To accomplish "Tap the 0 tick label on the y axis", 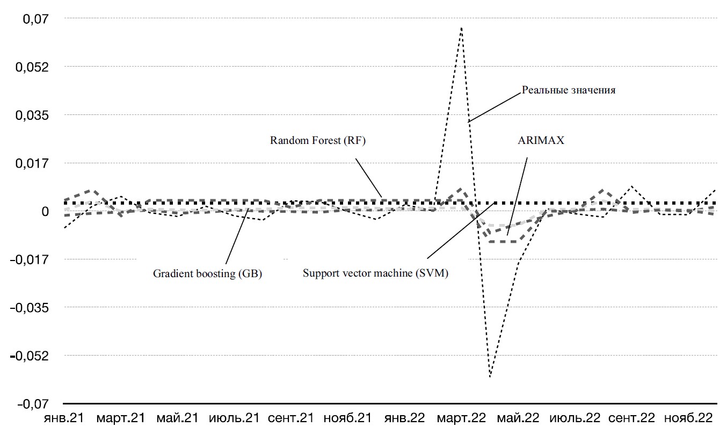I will point(46,211).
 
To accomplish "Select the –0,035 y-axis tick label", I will point(32,308).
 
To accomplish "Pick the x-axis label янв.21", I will point(63,418).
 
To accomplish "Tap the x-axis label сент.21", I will point(290,418).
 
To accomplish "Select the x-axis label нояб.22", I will point(689,418).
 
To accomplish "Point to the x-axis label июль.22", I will point(575,418).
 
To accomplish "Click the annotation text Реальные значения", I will point(569,90).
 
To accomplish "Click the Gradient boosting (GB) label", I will point(207,273).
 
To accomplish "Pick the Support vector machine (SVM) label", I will point(375,273).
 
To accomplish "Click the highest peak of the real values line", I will point(461,27).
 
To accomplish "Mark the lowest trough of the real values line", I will point(490,377).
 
